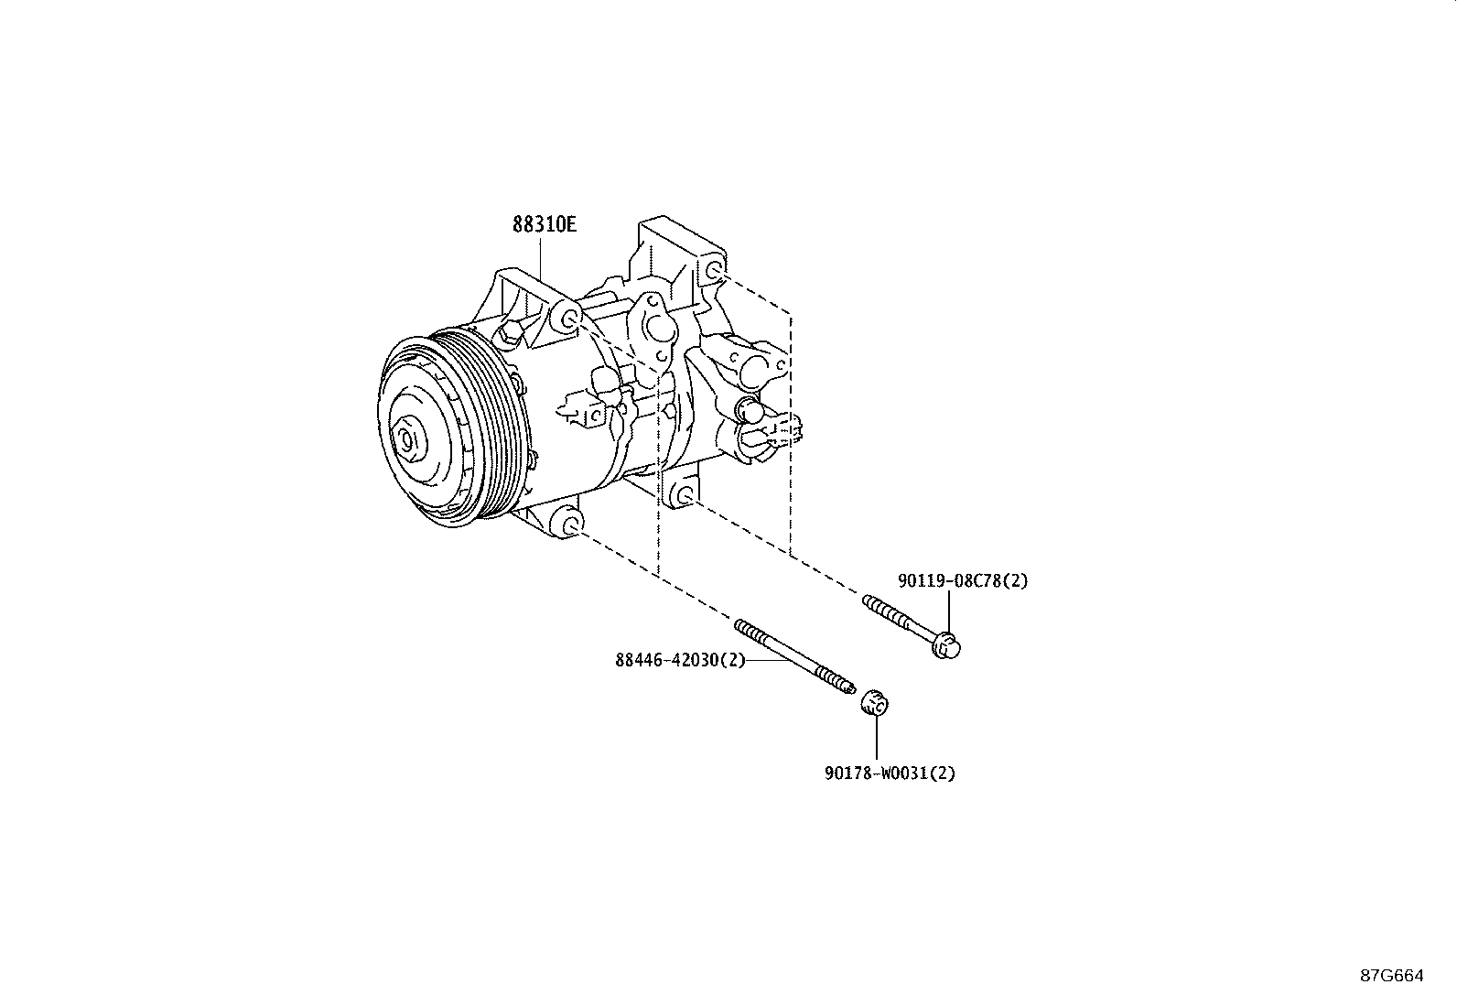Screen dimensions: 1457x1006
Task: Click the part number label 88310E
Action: (544, 224)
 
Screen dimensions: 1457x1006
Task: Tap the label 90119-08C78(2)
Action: (963, 580)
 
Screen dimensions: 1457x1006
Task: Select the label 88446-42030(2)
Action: (680, 660)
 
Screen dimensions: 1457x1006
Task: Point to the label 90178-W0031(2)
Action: (890, 773)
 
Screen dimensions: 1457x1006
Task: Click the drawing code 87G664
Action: (1392, 976)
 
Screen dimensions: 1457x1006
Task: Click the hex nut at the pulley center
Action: (407, 441)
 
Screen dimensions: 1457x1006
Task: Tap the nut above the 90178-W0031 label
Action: (875, 703)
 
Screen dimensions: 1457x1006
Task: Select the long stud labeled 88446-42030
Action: (794, 657)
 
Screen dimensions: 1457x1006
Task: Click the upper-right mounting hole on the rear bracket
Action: (714, 270)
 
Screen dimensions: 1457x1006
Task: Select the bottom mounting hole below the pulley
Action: (570, 524)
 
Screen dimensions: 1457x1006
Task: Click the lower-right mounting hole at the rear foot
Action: (685, 496)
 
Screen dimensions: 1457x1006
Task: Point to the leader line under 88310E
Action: (541, 260)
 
